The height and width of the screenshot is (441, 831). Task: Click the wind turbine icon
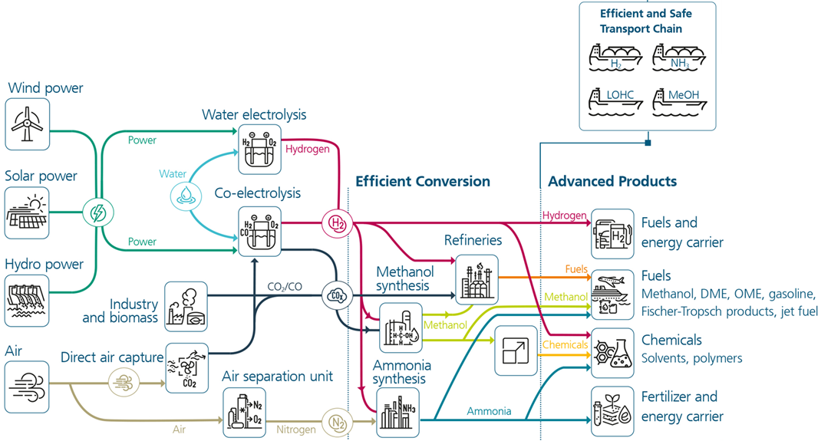pyautogui.click(x=27, y=124)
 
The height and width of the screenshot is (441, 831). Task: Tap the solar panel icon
pyautogui.click(x=27, y=212)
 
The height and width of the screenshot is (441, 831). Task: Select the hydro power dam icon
pyautogui.click(x=27, y=301)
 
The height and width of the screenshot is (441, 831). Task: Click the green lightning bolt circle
pyautogui.click(x=98, y=212)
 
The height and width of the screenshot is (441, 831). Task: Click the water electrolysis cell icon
pyautogui.click(x=259, y=150)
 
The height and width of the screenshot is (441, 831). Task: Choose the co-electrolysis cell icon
pyautogui.click(x=259, y=232)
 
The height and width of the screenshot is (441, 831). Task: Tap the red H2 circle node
pyautogui.click(x=337, y=223)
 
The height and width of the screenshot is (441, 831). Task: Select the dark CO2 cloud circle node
pyautogui.click(x=337, y=295)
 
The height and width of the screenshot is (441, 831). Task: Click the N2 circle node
pyautogui.click(x=337, y=422)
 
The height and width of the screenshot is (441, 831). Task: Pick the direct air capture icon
pyautogui.click(x=187, y=368)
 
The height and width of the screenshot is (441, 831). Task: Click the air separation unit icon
pyautogui.click(x=244, y=413)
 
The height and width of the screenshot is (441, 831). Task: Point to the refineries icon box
pyautogui.click(x=477, y=279)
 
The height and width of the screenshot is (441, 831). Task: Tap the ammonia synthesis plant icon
pyautogui.click(x=398, y=413)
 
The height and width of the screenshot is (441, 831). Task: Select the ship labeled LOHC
pyautogui.click(x=616, y=101)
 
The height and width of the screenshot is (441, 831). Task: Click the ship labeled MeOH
pyautogui.click(x=680, y=101)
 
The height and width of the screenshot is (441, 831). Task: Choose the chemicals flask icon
pyautogui.click(x=612, y=353)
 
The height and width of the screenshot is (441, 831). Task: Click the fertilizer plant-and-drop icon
pyautogui.click(x=612, y=411)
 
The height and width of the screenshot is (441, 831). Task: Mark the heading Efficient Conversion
pyautogui.click(x=423, y=181)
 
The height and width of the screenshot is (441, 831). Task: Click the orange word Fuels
pyautogui.click(x=576, y=269)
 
